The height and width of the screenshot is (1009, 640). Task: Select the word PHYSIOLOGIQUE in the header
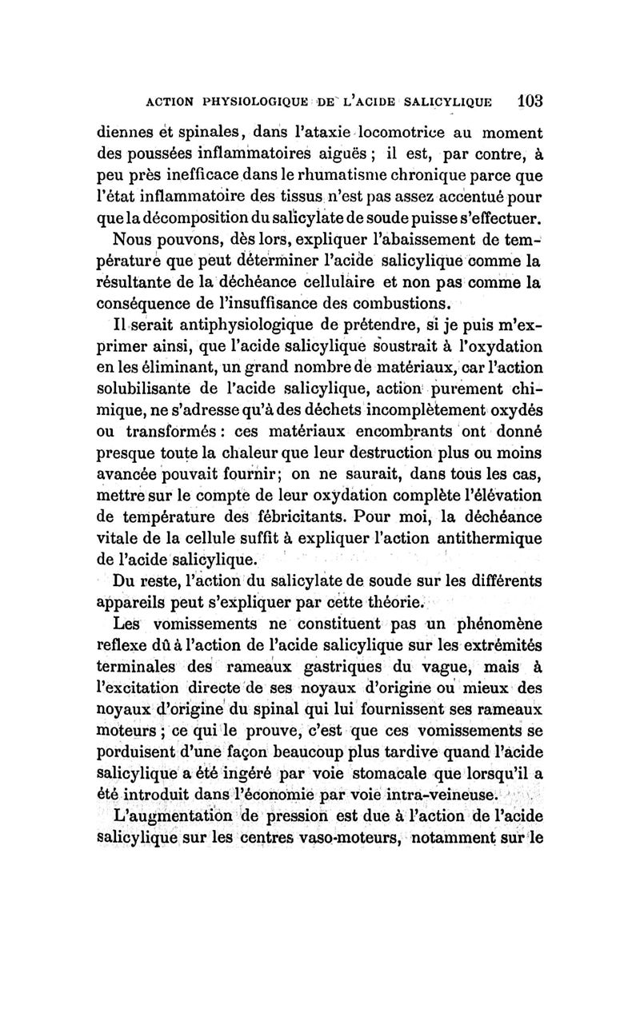pyautogui.click(x=243, y=102)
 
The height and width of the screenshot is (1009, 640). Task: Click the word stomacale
pyautogui.click(x=377, y=773)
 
